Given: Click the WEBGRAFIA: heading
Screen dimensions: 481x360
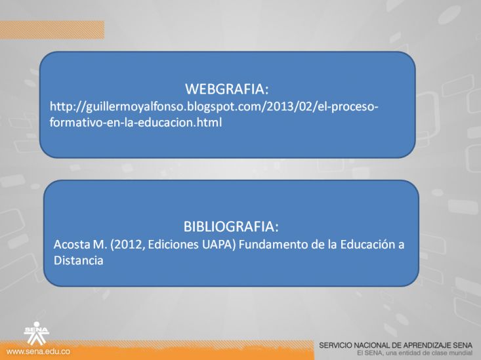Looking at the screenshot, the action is [226, 89].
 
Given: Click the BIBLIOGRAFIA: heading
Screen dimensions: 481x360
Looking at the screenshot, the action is [231, 227].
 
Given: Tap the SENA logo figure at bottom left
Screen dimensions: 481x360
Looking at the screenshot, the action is [37, 333].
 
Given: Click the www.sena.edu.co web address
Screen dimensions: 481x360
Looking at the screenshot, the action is [38, 351].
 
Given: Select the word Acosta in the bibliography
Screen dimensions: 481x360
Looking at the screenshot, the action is [71, 245].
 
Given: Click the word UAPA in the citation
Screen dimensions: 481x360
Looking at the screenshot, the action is [219, 245].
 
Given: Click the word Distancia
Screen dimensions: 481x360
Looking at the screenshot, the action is [78, 260].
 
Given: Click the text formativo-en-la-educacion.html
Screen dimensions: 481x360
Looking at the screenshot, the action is [136, 123].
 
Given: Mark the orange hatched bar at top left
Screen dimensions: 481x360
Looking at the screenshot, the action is [52, 30].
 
